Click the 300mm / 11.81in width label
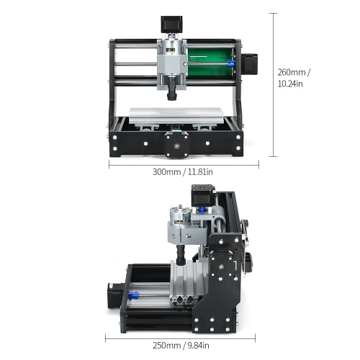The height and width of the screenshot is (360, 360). (x=183, y=172)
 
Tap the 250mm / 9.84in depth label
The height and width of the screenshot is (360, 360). (x=181, y=346)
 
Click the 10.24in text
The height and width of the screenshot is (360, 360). (x=290, y=84)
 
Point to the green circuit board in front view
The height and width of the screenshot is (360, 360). (x=211, y=62)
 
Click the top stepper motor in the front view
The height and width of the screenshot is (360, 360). (x=171, y=24)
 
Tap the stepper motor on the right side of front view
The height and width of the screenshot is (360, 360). (x=249, y=63)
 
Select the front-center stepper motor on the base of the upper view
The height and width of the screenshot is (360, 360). (x=176, y=145)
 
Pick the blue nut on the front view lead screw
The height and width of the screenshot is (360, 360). (x=231, y=64)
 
